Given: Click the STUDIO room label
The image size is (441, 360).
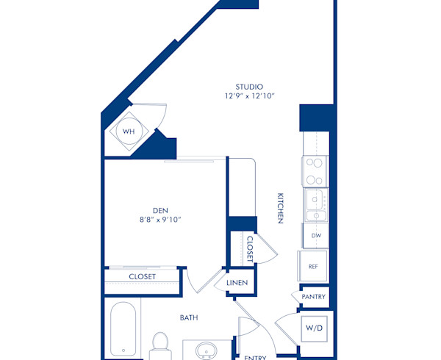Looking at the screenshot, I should click(x=245, y=87).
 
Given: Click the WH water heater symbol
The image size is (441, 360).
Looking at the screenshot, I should click(x=129, y=132).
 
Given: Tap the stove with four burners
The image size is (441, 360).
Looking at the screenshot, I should click(x=315, y=171).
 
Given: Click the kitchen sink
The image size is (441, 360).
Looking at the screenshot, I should click(x=316, y=205).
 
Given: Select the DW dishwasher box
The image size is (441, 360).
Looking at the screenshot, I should click(x=315, y=236).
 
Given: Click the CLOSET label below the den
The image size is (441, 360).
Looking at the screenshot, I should click(x=142, y=277).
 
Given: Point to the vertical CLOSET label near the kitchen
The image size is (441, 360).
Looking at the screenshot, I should click(x=250, y=249).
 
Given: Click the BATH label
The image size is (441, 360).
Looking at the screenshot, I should click(x=190, y=318).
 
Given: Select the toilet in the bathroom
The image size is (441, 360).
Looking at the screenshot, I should click(x=159, y=344).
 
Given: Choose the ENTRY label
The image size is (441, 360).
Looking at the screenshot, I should click(x=255, y=356).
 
